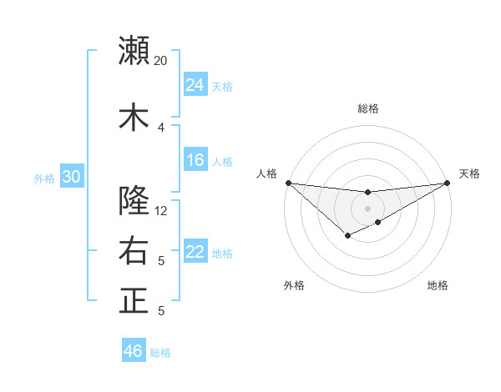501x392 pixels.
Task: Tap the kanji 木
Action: coord(134,117)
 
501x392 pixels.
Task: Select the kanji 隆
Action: coord(134,200)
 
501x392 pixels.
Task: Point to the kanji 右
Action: coord(134,251)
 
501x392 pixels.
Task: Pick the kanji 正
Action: coord(134,301)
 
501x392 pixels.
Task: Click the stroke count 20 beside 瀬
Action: coord(161,61)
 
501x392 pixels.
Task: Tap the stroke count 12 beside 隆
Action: coord(161,211)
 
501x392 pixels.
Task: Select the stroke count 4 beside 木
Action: coord(161,128)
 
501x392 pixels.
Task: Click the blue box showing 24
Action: coord(195,85)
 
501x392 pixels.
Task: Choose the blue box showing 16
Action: coord(195,161)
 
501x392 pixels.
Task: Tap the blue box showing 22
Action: coord(195,253)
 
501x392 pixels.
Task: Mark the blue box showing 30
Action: coord(72,177)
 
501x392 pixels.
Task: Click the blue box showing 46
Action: coord(134,351)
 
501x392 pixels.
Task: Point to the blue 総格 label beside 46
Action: coord(160,353)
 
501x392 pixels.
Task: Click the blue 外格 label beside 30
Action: coord(44,178)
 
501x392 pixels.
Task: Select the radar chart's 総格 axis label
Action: coord(367,108)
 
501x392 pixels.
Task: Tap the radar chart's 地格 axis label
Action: coord(438,286)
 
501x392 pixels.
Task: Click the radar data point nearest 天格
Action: coord(447,183)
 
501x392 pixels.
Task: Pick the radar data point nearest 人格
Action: coord(288,183)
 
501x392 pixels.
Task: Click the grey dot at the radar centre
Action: coord(367,208)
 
